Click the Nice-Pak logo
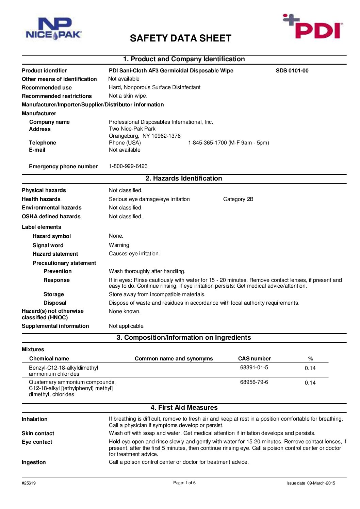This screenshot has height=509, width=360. (x=53, y=29)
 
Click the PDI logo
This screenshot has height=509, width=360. (x=313, y=27)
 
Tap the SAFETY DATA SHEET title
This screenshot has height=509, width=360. (x=180, y=38)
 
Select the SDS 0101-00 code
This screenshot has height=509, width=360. (x=292, y=71)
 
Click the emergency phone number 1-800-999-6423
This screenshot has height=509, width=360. (x=128, y=166)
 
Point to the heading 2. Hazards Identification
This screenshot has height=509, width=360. (x=184, y=179)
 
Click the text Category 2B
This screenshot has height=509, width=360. (x=238, y=199)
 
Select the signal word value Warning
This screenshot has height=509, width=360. (x=119, y=245)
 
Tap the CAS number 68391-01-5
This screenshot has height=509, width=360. (x=254, y=368)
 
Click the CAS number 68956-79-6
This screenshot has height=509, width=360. (x=254, y=382)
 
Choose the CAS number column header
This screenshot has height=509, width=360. (x=255, y=359)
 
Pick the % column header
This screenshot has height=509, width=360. (x=310, y=359)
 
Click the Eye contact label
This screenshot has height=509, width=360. (x=37, y=442)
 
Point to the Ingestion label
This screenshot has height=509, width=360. (x=34, y=462)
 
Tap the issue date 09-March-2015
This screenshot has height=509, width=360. (x=321, y=483)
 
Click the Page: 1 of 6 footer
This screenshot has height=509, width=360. (x=184, y=483)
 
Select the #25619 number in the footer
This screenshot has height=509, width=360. (x=29, y=483)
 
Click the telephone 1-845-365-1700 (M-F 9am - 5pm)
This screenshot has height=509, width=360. (x=229, y=143)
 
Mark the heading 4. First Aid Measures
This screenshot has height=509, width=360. (x=184, y=408)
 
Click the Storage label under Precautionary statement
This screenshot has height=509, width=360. (x=54, y=294)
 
